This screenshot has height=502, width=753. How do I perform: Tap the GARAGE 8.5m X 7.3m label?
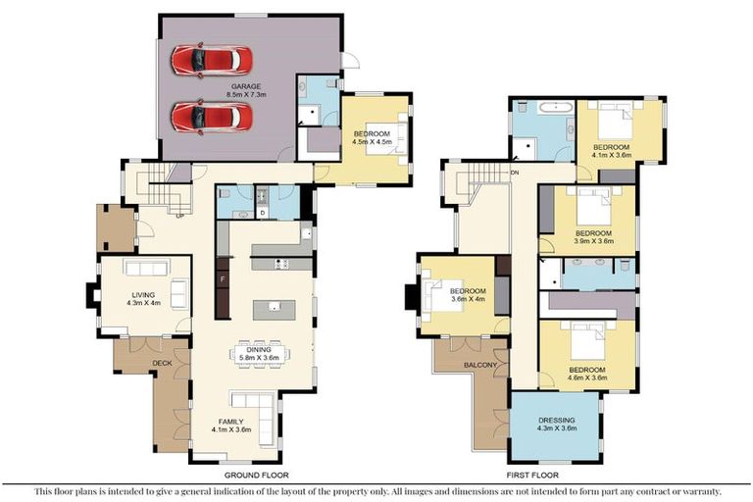click(246, 90)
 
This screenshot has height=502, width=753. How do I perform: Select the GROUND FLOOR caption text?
click(236, 474)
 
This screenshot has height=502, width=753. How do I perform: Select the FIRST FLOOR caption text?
click(532, 474)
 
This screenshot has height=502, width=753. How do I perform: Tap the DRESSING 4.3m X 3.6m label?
click(555, 425)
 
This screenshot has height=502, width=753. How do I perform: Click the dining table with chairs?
click(260, 350)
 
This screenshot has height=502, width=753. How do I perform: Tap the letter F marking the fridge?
click(223, 279)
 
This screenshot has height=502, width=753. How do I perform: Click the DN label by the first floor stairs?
click(515, 173)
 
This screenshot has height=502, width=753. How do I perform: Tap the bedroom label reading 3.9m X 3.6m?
click(593, 235)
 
